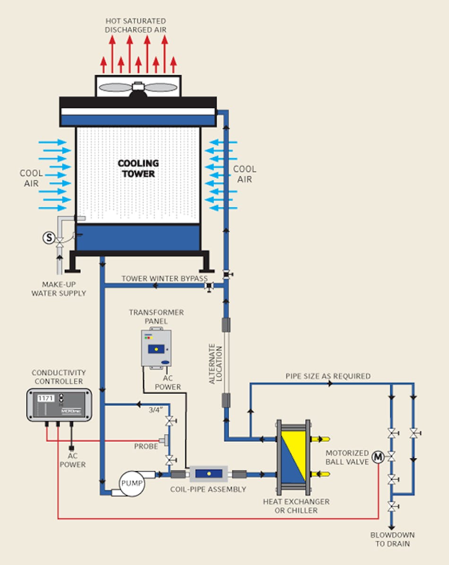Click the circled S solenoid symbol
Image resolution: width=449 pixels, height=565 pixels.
click(49, 238)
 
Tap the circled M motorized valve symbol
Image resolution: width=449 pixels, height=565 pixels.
click(378, 456)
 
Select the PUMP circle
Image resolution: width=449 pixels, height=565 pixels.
click(131, 483)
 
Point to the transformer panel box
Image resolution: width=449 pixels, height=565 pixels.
click(156, 348)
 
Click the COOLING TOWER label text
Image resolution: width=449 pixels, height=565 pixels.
click(138, 169)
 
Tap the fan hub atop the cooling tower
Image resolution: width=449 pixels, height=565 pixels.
click(138, 88)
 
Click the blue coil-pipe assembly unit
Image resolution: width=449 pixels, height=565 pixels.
click(208, 473)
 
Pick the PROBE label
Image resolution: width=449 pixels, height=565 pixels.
click(146, 446)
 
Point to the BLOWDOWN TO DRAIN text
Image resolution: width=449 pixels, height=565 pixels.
click(392, 539)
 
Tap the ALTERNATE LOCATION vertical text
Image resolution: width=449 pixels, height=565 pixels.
click(216, 363)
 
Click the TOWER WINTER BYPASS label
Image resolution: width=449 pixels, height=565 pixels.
click(164, 278)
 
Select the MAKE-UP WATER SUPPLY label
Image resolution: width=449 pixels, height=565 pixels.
click(59, 289)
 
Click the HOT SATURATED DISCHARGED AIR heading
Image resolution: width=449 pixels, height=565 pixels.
click(136, 25)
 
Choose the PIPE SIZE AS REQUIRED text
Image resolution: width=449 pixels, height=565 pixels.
click(328, 376)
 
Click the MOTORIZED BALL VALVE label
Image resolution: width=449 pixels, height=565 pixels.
click(347, 457)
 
